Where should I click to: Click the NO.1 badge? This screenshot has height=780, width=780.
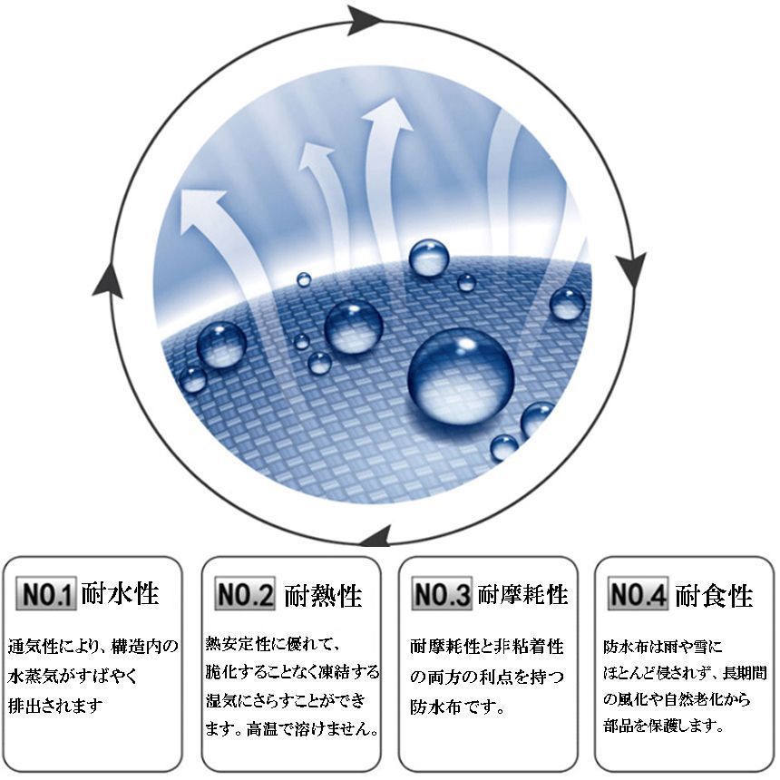[x=45, y=593]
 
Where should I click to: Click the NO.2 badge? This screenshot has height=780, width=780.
[x=245, y=593]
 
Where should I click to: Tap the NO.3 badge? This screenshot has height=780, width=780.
[x=442, y=593]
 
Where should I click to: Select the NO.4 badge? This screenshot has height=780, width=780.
[x=639, y=593]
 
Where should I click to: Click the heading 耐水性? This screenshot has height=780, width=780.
[x=120, y=593]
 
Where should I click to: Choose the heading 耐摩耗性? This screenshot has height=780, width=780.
[x=522, y=594]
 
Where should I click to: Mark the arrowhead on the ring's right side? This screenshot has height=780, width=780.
[x=632, y=268]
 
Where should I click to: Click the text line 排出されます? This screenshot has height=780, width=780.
[x=55, y=706]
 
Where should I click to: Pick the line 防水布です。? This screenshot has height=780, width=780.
[x=457, y=707]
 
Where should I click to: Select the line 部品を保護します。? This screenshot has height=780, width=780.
[x=663, y=726]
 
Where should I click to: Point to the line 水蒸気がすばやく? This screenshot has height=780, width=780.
[x=72, y=676]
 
